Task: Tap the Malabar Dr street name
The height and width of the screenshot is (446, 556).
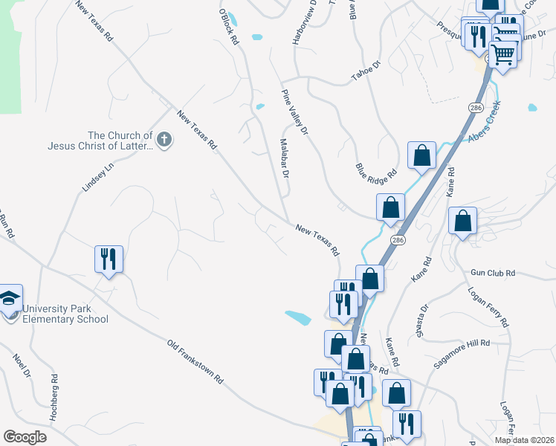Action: pos(283,158)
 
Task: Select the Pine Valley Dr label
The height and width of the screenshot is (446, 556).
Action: pos(294,114)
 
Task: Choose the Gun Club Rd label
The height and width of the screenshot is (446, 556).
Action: pos(492,273)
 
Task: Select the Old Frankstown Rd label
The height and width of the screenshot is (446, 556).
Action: pos(195,361)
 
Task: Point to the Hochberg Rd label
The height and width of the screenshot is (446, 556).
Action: pos(54,398)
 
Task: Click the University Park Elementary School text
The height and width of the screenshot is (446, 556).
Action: pos(65,314)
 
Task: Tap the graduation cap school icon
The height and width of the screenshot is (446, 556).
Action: pos(9,299)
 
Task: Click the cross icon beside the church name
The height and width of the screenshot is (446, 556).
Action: pos(164,138)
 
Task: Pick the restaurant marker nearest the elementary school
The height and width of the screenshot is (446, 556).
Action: pos(109,259)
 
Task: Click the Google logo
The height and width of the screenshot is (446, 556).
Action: pos(25,436)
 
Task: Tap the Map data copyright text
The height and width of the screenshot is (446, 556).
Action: pos(524,440)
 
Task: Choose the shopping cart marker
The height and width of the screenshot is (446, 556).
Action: pos(503,54)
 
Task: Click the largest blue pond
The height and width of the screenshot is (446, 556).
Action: pos(298,317)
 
